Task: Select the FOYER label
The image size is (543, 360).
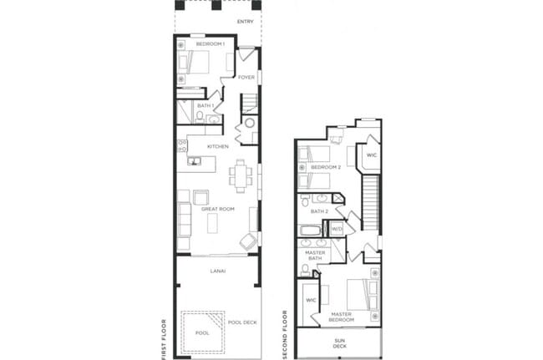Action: [x=246, y=79]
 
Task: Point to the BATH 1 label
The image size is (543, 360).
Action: [x=206, y=106]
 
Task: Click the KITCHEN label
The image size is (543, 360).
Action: [x=218, y=147]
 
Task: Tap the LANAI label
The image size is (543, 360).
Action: [x=217, y=271]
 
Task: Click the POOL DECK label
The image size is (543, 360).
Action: [x=242, y=322]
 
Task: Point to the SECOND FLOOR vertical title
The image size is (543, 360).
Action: [x=286, y=334]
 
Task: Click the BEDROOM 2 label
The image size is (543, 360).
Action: [x=326, y=168]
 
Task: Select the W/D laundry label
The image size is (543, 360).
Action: [x=337, y=228]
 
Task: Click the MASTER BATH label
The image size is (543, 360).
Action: [x=314, y=256]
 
